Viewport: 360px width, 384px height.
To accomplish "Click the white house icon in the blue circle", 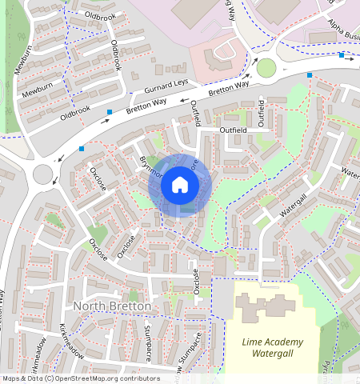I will coord(180,186).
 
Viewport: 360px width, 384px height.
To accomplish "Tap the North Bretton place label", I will coord(111,307).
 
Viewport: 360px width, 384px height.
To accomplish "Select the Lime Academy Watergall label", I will coord(274,346).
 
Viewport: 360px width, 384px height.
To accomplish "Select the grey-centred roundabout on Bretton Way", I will coord(43,171).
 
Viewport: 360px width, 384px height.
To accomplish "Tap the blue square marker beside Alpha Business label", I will coord(342,55).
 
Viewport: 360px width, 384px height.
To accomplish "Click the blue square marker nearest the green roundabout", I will coord(310,75).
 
